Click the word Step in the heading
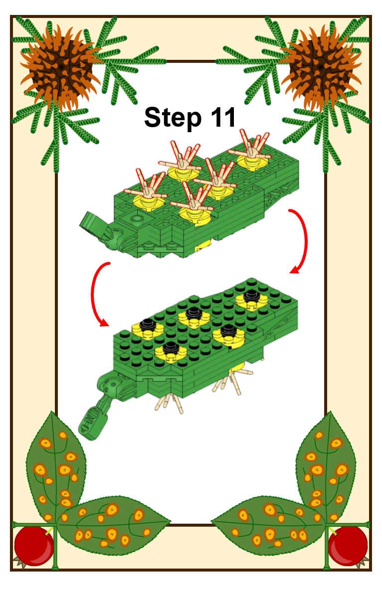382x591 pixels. [173, 118]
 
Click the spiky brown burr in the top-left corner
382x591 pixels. [60, 68]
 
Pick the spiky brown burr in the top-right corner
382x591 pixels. [321, 68]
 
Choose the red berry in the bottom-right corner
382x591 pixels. [348, 546]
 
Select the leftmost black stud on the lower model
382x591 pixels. [148, 324]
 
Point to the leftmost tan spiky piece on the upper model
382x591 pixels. [148, 187]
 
